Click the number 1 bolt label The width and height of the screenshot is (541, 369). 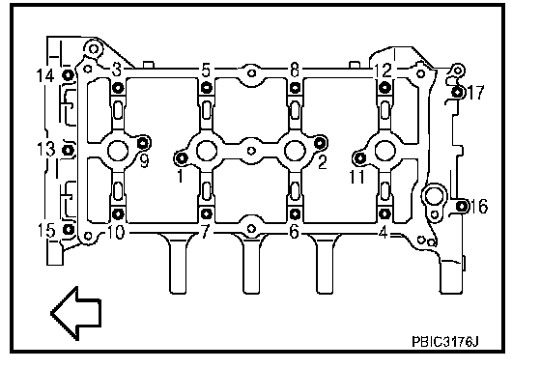tap(180, 176)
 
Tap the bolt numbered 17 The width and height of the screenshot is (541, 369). tap(458, 92)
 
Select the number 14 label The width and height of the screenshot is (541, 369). tap(45, 75)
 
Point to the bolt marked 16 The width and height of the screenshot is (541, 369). tap(462, 206)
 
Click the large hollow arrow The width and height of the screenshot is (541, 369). tap(76, 313)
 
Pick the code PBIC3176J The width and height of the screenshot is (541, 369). tap(445, 342)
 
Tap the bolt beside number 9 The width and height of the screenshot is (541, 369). tap(144, 142)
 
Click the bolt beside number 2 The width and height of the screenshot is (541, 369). tap(320, 142)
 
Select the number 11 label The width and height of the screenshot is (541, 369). tap(356, 177)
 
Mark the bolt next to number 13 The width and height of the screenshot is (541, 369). tap(68, 151)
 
